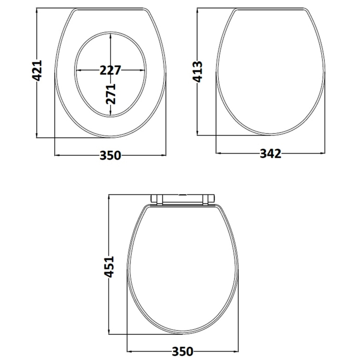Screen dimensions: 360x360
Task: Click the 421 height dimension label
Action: click(37, 71)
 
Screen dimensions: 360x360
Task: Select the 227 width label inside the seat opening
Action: click(110, 70)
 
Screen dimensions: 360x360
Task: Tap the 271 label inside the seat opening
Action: click(111, 94)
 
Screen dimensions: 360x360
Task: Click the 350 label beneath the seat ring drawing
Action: click(110, 155)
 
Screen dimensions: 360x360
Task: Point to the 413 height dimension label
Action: click(198, 71)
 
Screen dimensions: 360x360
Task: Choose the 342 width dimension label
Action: click(270, 154)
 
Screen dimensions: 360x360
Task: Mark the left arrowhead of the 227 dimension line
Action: click(77, 70)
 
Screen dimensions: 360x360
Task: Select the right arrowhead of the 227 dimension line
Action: click(144, 70)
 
